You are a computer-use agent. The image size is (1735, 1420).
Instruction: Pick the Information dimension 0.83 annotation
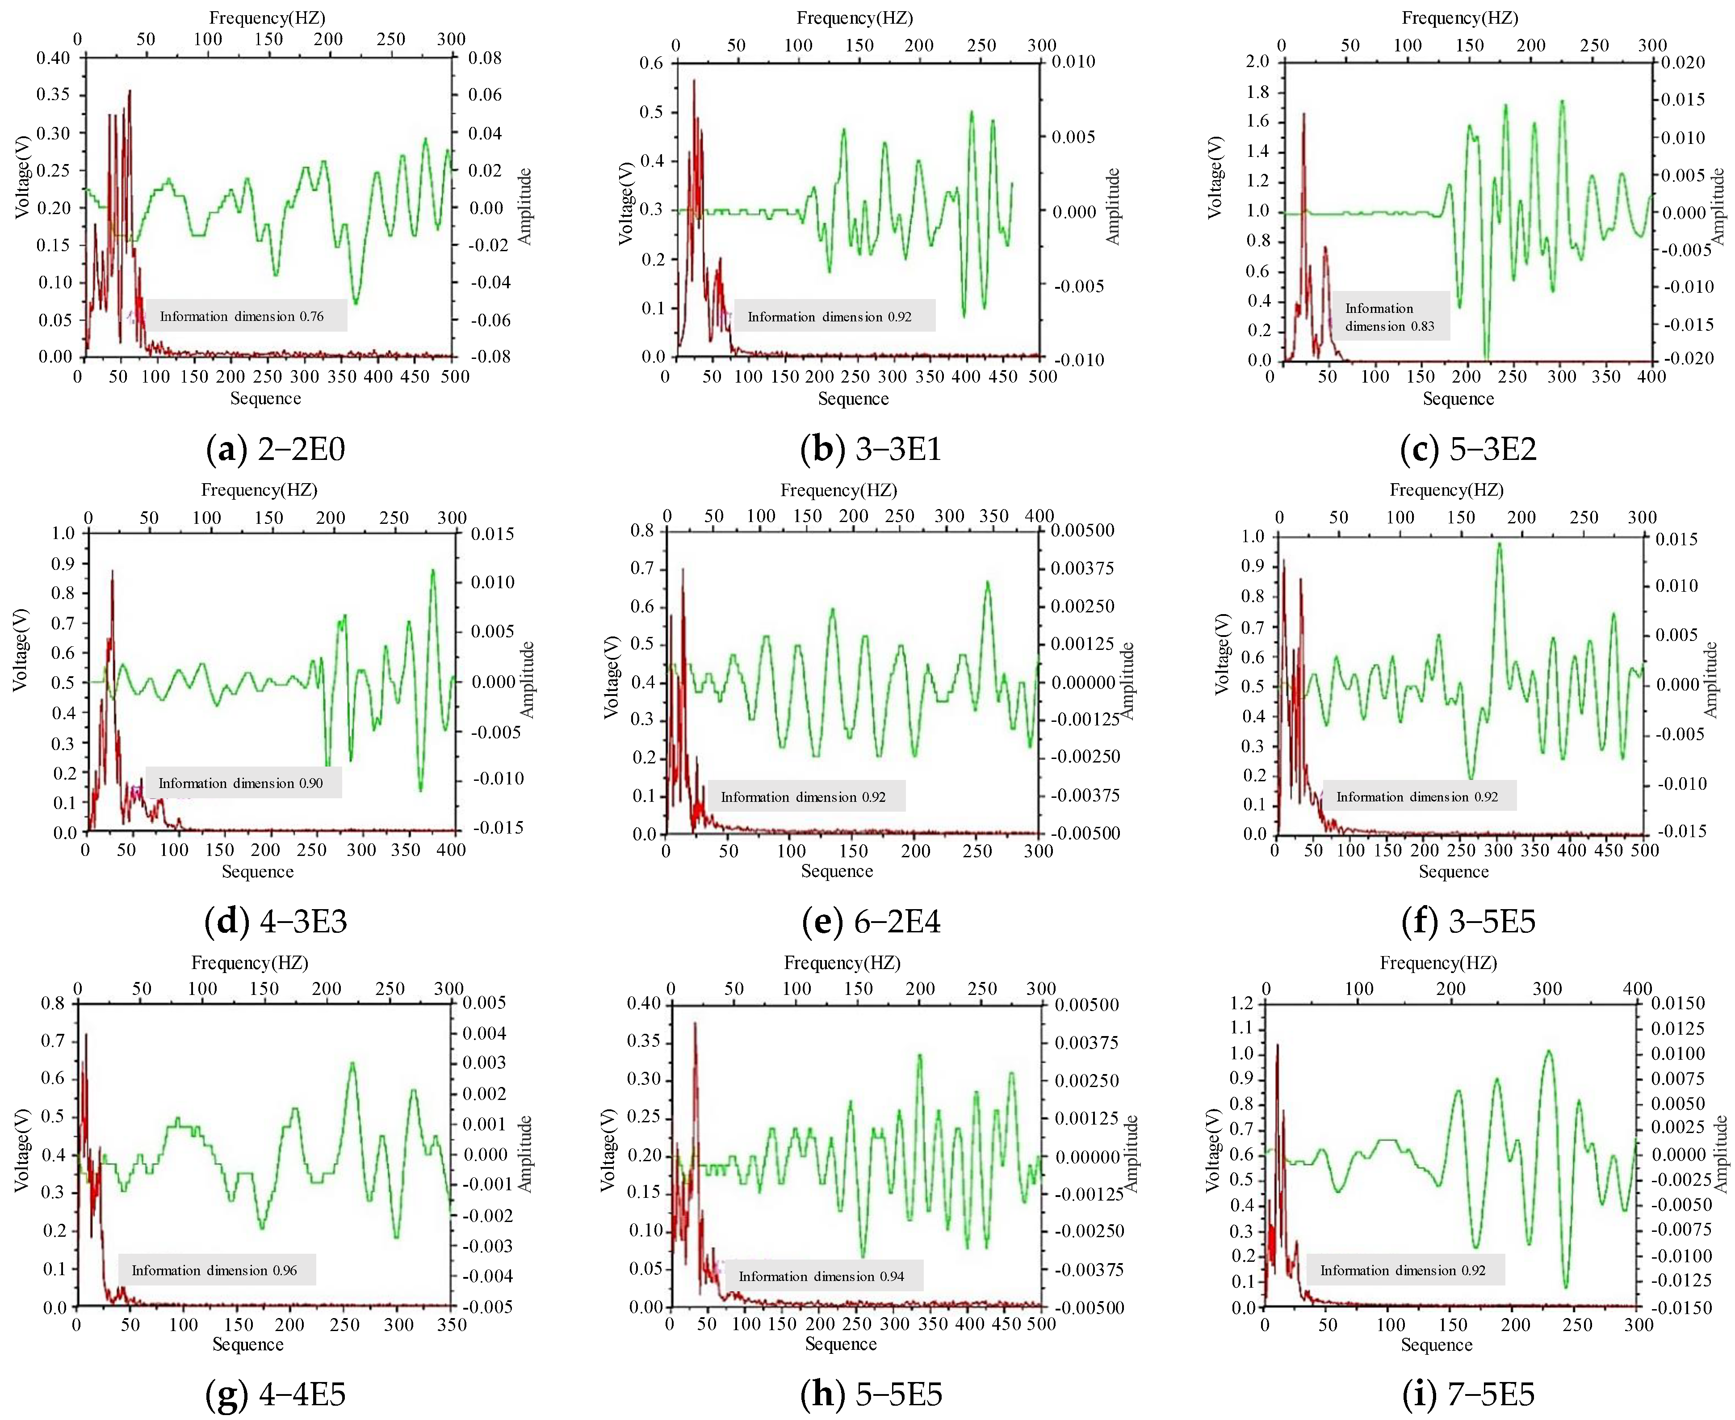click(1391, 316)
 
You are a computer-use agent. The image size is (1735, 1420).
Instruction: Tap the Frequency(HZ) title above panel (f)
click(1446, 490)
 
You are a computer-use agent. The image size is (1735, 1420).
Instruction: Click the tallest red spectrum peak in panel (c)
click(1303, 114)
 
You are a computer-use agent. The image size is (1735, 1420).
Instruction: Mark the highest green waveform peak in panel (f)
click(1499, 544)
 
